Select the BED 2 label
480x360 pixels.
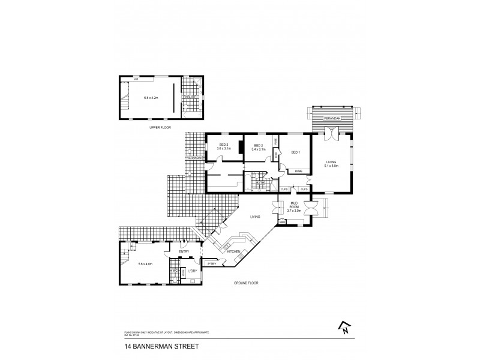[x=259, y=145]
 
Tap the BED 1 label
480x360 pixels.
[x=295, y=152]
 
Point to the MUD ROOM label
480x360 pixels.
[x=293, y=204]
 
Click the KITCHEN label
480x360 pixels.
[x=235, y=251]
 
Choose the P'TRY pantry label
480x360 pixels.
[x=211, y=263]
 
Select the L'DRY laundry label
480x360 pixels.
[x=193, y=271]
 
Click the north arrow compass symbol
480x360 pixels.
[x=345, y=326]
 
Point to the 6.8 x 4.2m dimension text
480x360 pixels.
[x=150, y=97]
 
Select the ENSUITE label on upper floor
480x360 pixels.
[x=190, y=97]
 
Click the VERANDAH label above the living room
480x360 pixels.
[x=332, y=118]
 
